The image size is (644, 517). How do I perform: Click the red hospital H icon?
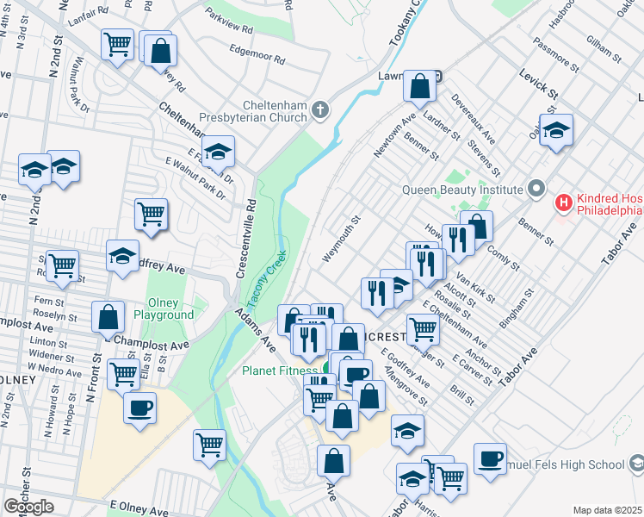pyautogui.click(x=564, y=203)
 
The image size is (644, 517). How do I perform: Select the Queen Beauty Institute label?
pyautogui.click(x=462, y=189)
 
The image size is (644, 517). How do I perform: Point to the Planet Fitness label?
pyautogui.click(x=281, y=371)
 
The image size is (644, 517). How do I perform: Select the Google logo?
pyautogui.click(x=28, y=507)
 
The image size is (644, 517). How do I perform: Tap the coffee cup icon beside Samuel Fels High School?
pyautogui.click(x=490, y=458)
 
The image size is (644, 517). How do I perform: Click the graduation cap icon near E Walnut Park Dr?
pyautogui.click(x=219, y=152)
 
